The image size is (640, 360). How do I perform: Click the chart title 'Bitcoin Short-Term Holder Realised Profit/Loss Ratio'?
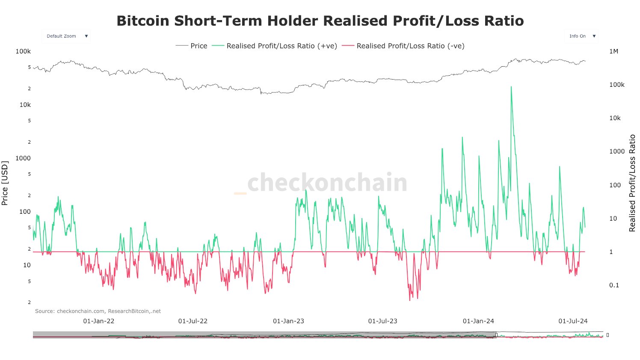point(320,21)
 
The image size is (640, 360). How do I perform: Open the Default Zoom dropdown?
point(66,36)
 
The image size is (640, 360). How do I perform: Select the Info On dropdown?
point(582,36)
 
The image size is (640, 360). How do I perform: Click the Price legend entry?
point(192,46)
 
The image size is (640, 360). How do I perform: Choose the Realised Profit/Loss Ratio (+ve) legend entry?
point(275,46)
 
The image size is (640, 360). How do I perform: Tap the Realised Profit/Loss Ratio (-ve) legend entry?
point(403,46)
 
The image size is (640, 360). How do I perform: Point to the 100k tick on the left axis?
point(23,51)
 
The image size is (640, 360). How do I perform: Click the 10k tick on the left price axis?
point(25,105)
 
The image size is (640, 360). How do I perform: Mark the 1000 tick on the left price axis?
point(23,158)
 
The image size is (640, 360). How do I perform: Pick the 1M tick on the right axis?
point(613,51)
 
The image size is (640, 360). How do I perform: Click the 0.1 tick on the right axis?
point(614,285)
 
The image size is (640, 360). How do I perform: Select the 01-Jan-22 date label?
point(99,321)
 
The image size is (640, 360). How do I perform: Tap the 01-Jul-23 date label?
point(382,321)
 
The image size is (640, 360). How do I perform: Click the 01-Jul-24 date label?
point(573,321)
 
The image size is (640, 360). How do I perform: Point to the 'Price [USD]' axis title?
point(5,183)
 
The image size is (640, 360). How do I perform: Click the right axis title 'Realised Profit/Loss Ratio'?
point(632,183)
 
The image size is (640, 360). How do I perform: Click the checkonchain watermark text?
point(327,183)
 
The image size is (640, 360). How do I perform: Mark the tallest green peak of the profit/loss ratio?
point(511,87)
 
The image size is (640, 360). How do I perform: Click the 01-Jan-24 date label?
point(478,321)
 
